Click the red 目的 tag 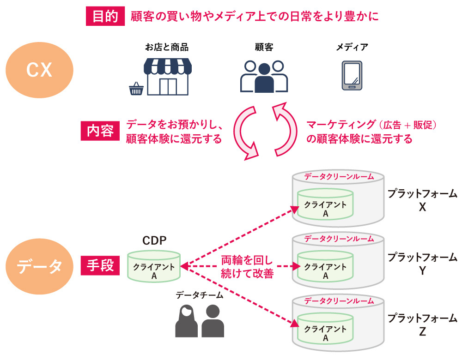tap(105, 17)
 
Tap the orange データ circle tap(39, 266)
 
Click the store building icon tap(168, 77)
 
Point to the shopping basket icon tap(136, 88)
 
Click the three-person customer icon tap(264, 76)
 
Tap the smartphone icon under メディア tap(352, 76)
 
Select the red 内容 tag tap(100, 132)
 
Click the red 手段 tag tap(100, 266)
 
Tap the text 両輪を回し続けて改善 tap(247, 267)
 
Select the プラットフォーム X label tap(422, 200)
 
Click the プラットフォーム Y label tap(422, 263)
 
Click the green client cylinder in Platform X tap(325, 204)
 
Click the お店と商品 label tap(167, 47)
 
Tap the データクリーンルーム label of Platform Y tap(338, 239)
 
